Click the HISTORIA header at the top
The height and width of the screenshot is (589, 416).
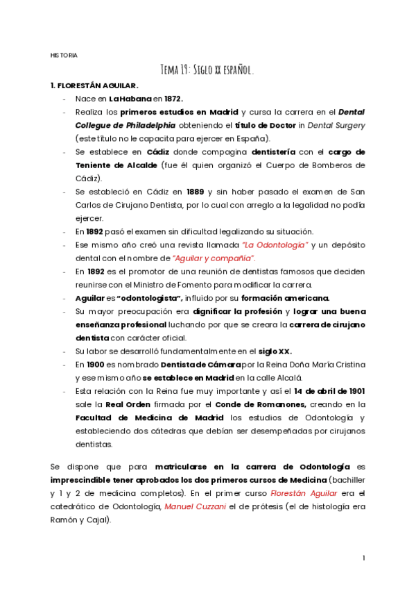64,55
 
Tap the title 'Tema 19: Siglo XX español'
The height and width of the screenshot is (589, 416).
207,70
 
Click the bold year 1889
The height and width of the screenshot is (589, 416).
196,191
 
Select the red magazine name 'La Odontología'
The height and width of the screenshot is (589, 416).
275,244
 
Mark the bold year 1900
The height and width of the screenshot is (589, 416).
94,365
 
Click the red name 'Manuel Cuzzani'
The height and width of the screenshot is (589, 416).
192,506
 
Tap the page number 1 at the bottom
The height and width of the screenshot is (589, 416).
364,558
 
